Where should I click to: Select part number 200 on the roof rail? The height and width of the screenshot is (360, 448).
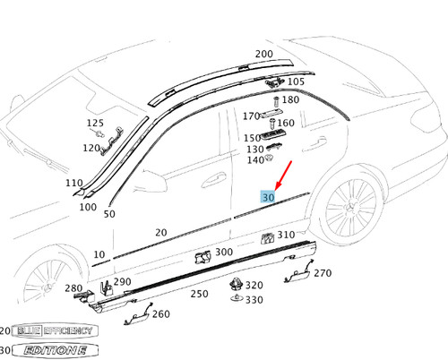263,54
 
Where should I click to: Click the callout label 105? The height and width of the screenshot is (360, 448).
295,81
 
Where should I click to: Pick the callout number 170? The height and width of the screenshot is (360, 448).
252,116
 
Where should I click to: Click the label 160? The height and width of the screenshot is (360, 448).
285,123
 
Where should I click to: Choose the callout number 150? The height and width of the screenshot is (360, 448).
253,138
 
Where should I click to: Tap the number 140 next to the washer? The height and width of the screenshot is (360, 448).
254,160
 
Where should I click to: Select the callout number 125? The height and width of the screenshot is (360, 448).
95,123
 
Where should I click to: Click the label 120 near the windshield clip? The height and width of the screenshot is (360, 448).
91,148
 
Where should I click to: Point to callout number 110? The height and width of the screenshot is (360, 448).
74,183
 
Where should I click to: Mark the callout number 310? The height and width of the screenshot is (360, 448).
286,235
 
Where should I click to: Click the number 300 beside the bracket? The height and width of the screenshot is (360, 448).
224,253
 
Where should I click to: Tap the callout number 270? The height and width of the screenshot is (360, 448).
322,273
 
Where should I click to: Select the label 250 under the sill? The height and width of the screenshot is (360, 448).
199,294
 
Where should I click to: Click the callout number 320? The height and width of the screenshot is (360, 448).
254,285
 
